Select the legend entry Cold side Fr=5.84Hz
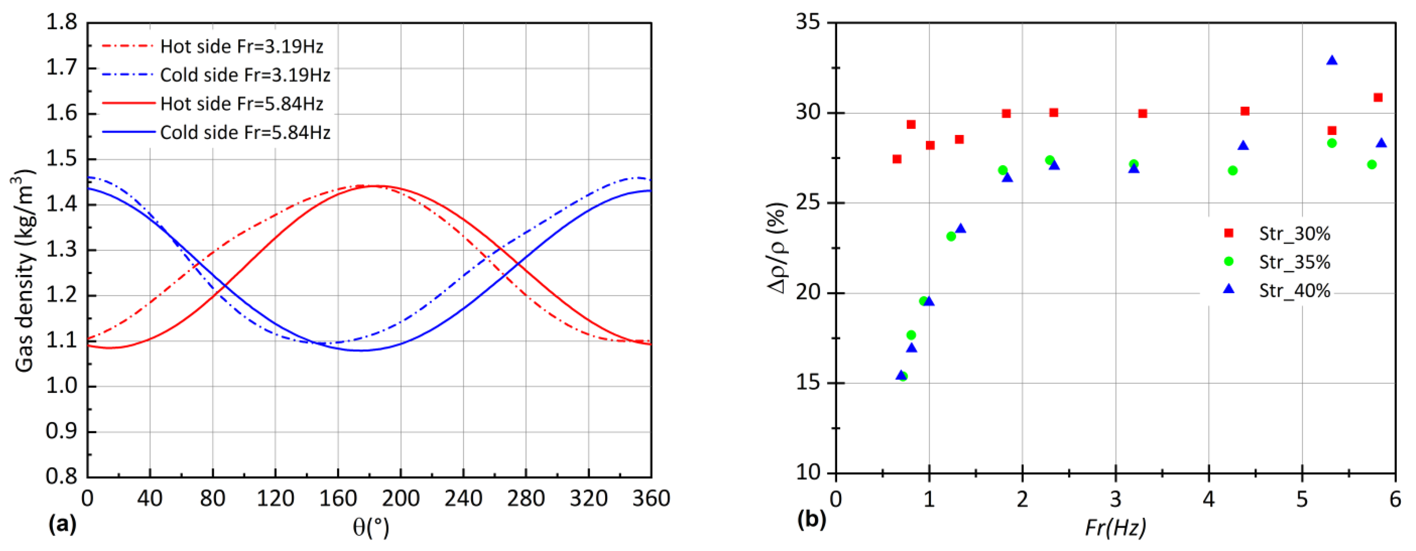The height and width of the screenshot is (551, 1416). [x=245, y=133]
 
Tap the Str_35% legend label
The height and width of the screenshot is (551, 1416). [x=1294, y=262]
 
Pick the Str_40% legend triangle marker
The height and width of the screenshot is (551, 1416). [x=1229, y=289]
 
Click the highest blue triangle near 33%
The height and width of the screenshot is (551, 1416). [x=1332, y=61]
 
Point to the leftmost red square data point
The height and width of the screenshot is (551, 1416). [x=897, y=159]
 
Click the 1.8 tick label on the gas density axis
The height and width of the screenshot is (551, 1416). [x=62, y=23]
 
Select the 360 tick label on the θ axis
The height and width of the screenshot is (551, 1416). [x=651, y=499]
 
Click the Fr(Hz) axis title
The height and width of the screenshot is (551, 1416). [x=1115, y=528]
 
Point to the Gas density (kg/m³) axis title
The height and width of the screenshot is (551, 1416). [x=25, y=271]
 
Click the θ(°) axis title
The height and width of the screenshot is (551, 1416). [x=371, y=528]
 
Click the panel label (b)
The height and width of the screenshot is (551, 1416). [x=811, y=520]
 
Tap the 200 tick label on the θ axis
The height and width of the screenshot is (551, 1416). [x=401, y=499]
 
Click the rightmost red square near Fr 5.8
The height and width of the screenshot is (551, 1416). [x=1378, y=97]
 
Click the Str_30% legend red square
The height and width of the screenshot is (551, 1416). [x=1229, y=233]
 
